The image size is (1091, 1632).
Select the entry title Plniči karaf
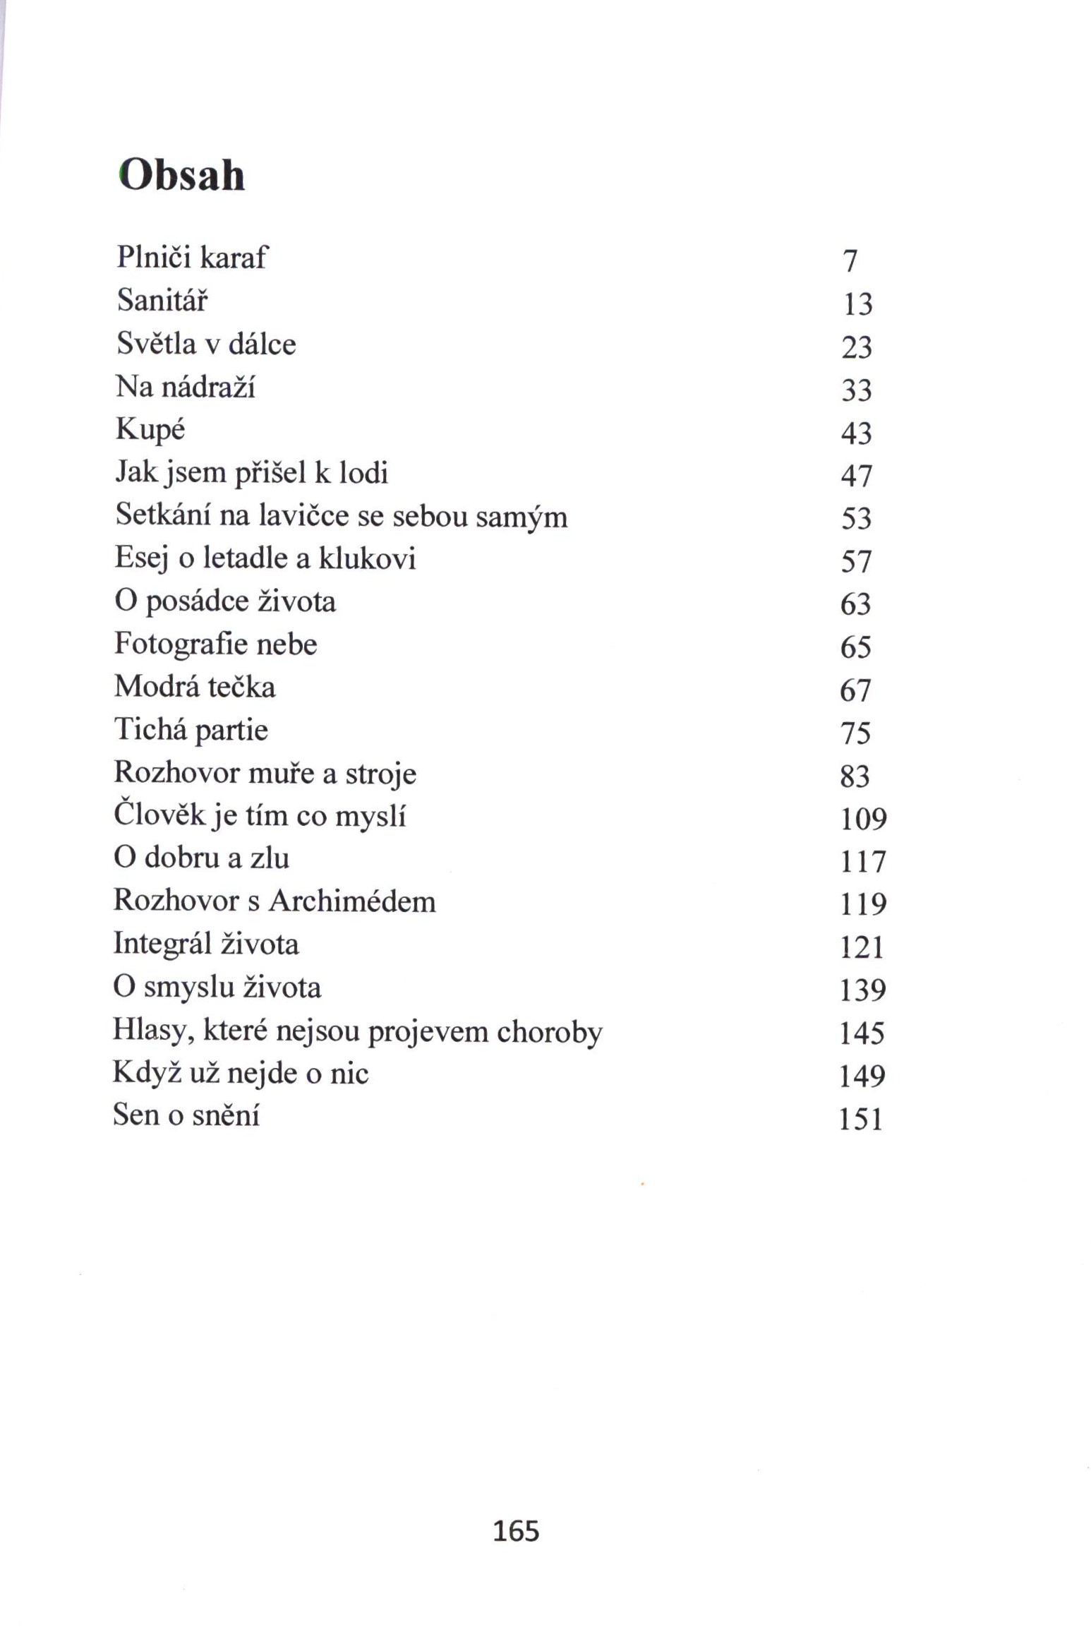[191, 257]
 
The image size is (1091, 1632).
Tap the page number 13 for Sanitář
[857, 304]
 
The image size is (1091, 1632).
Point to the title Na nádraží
[185, 387]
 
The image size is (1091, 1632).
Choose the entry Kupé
[150, 430]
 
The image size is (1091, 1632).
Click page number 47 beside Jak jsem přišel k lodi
[856, 476]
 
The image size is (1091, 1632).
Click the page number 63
[855, 604]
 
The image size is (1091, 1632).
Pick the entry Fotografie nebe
[215, 644]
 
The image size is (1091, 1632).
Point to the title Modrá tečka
[194, 687]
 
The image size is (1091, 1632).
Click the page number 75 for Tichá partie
[855, 733]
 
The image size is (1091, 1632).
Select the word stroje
[380, 774]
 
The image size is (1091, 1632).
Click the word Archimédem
[352, 901]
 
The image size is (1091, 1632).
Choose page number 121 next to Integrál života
[861, 947]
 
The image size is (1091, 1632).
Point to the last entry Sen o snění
[186, 1115]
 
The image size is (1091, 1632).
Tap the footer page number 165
[516, 1531]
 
